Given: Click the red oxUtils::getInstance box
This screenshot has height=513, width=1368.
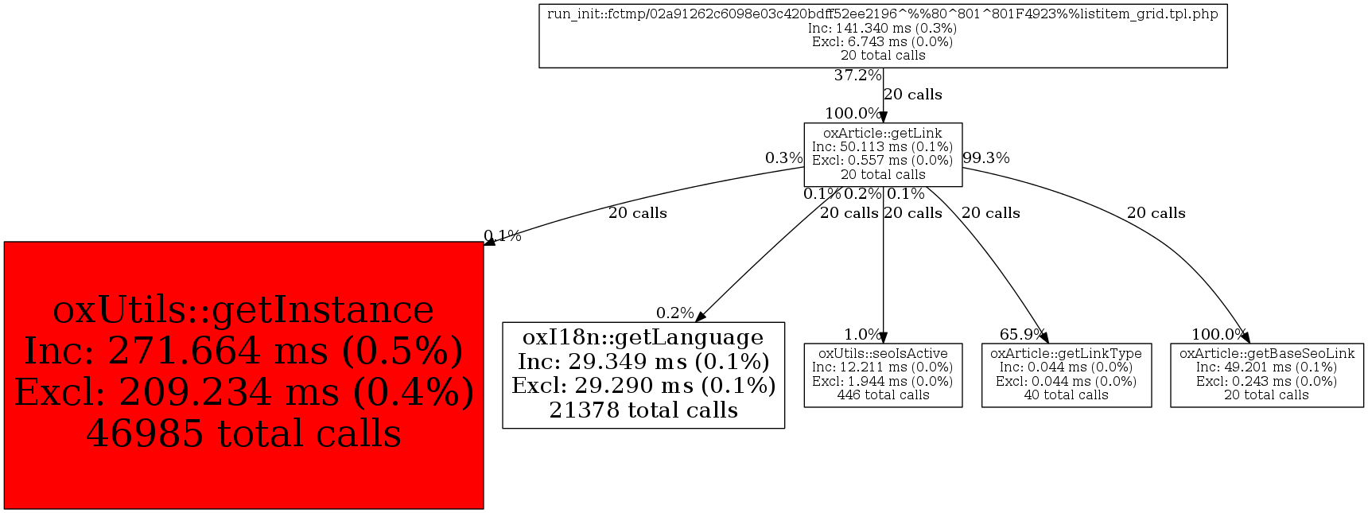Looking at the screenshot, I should click(x=243, y=375).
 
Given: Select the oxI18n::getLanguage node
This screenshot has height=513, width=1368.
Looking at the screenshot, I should click(x=643, y=375).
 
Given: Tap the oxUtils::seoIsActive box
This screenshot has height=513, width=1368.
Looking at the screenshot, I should click(x=883, y=375).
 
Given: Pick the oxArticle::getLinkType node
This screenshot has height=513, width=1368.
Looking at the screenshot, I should click(x=1066, y=375).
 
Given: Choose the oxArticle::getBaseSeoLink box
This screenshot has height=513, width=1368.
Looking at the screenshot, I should click(x=1266, y=375).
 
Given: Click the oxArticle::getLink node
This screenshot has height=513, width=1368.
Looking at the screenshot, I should click(x=883, y=154).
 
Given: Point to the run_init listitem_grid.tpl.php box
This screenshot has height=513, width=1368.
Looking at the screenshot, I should click(x=883, y=36).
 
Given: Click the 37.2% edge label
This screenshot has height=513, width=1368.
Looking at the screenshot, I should click(x=857, y=76).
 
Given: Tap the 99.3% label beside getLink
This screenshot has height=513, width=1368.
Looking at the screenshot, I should click(x=986, y=157).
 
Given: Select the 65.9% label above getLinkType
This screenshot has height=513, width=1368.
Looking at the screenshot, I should click(x=1022, y=334).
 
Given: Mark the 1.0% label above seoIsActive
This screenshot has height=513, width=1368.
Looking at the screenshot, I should click(x=862, y=334).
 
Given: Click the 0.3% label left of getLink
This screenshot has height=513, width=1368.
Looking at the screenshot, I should click(x=783, y=157).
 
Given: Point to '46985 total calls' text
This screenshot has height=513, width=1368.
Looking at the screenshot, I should click(x=243, y=434).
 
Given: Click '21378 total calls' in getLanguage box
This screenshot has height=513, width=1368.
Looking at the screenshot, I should click(x=643, y=410).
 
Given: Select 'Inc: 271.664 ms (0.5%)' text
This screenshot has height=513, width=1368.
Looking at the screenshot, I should click(x=243, y=351).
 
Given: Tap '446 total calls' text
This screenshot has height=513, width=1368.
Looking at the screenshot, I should click(x=883, y=395).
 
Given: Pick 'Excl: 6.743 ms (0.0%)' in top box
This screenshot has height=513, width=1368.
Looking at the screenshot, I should click(x=883, y=41).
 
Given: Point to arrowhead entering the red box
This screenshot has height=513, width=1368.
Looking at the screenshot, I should click(x=489, y=240).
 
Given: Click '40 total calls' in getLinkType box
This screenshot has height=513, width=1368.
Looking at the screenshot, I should click(x=1066, y=395).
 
